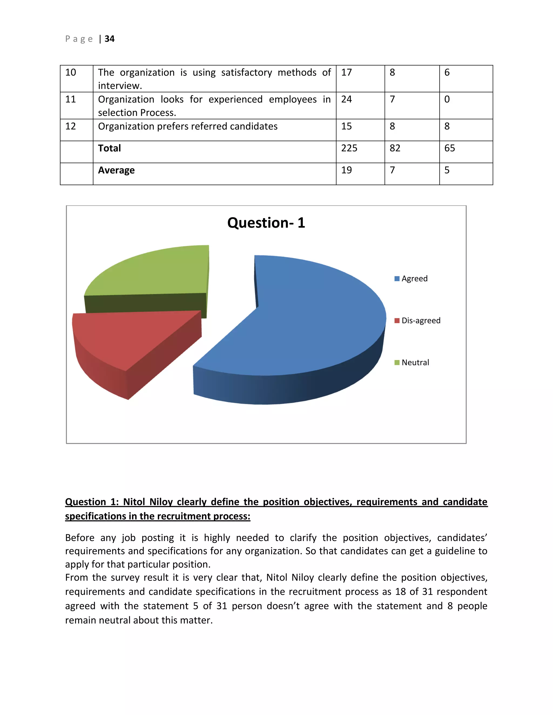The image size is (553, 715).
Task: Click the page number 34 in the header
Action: [x=109, y=39]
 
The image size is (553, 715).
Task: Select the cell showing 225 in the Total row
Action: [x=349, y=148]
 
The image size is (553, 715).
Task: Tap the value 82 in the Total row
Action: [x=395, y=148]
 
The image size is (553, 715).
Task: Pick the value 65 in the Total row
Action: [x=450, y=148]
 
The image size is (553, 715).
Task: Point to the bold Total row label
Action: [x=109, y=148]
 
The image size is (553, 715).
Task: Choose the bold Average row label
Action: [x=116, y=170]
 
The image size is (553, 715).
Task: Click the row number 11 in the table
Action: [x=70, y=99]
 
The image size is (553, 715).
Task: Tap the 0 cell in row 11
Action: [x=447, y=99]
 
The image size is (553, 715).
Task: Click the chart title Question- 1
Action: [x=266, y=223]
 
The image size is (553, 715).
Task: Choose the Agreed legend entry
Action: [x=414, y=279]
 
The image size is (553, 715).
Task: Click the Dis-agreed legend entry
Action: [x=421, y=321]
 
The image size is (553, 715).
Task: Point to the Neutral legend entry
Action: [x=415, y=362]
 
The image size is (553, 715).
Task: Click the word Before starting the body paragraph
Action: [x=80, y=538]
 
